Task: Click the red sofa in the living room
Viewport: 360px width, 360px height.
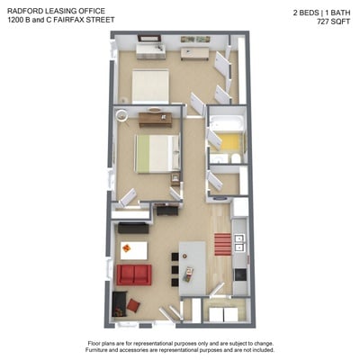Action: (134, 274)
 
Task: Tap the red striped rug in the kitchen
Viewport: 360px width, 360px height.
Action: (223, 244)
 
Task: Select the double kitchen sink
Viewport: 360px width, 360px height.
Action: (240, 243)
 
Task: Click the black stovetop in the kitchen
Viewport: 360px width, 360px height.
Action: (240, 274)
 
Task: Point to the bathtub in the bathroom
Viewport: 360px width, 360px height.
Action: (227, 124)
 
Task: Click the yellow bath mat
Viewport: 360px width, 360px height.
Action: (229, 142)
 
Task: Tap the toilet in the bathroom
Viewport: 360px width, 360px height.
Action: (236, 158)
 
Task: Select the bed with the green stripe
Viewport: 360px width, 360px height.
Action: (157, 154)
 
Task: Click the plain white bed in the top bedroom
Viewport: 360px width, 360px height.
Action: (150, 86)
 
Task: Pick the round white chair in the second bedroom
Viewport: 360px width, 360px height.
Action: (122, 115)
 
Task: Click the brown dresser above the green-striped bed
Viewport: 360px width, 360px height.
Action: (156, 120)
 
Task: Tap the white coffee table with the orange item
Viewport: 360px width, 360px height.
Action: (134, 250)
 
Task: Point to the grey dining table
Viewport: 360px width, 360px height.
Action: (193, 268)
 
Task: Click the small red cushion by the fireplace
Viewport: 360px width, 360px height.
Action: (133, 305)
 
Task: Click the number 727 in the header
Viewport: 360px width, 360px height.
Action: (322, 22)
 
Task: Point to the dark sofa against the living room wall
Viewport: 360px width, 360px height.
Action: (133, 228)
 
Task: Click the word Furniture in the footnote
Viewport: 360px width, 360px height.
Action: (97, 350)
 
